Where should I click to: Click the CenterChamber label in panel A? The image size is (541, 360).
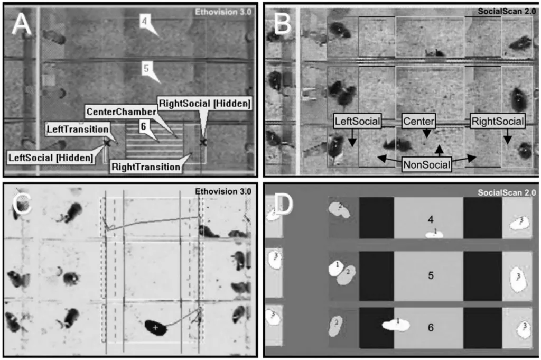click(x=121, y=112)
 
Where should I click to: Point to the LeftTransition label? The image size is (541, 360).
click(x=78, y=129)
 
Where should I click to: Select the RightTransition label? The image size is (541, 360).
click(x=146, y=167)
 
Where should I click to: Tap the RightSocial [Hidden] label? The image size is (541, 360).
click(x=204, y=104)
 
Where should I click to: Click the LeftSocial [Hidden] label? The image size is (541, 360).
click(x=51, y=158)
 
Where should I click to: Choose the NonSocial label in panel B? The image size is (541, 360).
click(x=426, y=164)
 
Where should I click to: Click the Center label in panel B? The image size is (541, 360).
click(x=418, y=121)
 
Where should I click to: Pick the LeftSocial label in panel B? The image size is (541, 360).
click(x=358, y=121)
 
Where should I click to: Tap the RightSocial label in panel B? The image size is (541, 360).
click(x=498, y=121)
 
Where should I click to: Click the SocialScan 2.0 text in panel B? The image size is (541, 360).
click(x=507, y=11)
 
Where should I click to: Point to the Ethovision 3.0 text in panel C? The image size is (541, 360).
click(x=223, y=191)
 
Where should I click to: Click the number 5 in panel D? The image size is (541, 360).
click(x=431, y=275)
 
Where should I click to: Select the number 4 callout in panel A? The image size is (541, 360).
click(x=145, y=21)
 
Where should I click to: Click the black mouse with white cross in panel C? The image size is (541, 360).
click(x=156, y=327)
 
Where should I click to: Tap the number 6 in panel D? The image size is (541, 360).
click(x=431, y=327)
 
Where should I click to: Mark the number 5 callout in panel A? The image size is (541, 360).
click(x=146, y=68)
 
